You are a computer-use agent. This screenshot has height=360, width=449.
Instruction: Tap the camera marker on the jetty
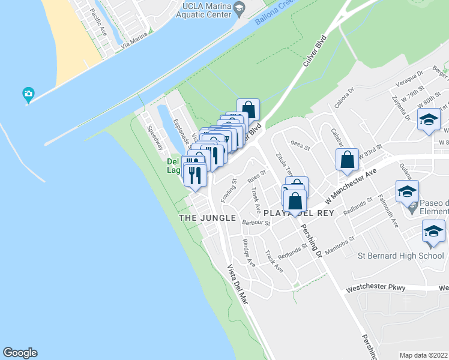[x=28, y=94]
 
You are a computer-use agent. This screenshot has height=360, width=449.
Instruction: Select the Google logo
[x=20, y=353]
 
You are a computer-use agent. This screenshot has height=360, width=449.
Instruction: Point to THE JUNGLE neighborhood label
[x=208, y=218]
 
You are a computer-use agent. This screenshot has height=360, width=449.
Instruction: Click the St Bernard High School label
[x=401, y=256]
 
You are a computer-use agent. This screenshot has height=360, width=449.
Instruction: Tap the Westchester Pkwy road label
[x=376, y=288]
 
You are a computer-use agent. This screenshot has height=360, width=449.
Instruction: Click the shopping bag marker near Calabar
[x=347, y=161]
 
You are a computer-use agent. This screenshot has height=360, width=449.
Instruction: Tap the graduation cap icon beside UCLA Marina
[x=240, y=8]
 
